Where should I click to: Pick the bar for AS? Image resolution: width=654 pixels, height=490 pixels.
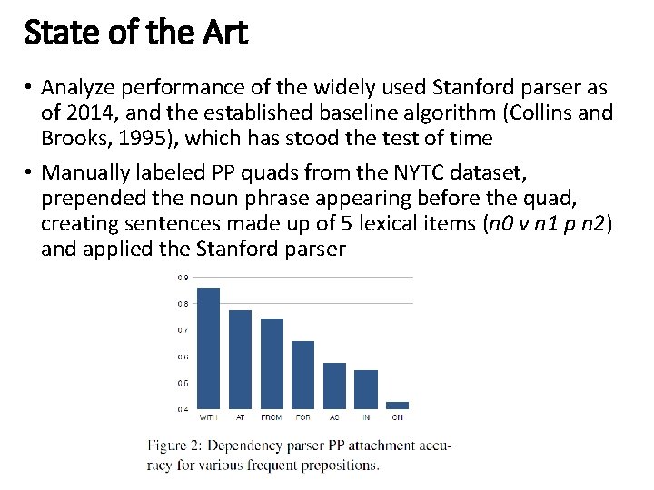coord(334,386)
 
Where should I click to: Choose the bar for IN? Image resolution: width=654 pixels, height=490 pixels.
coord(366,389)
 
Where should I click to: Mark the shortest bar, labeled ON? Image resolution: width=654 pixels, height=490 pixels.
coord(397,406)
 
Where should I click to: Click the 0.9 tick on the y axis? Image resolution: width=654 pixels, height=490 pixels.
coord(183,278)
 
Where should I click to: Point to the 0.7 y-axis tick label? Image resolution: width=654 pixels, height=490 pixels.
coord(183,330)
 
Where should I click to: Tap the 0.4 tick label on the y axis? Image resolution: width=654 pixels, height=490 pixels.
coord(183,409)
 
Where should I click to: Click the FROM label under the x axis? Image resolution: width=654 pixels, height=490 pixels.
coord(272,418)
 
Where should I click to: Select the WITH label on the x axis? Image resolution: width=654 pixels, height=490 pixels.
coord(208,418)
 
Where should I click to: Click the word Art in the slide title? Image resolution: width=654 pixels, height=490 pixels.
coord(221,34)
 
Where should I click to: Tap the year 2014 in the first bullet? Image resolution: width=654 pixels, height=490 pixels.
coord(86,113)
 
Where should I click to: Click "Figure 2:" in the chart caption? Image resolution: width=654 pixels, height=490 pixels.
coord(178,446)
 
